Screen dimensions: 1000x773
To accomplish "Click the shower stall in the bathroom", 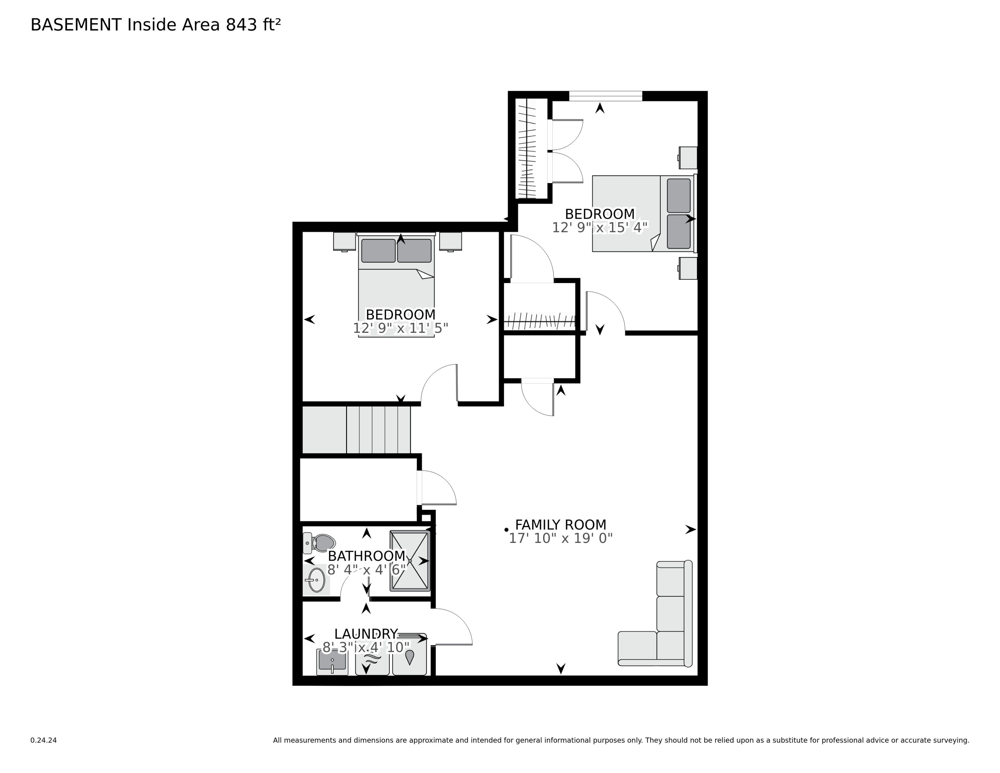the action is coord(410,561).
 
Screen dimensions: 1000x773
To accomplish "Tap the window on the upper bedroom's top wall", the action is coord(605,96).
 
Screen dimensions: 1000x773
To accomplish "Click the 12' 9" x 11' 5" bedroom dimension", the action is coord(400,328).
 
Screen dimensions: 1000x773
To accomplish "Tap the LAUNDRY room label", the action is coord(366,634).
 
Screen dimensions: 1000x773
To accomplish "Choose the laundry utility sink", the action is coord(332,662).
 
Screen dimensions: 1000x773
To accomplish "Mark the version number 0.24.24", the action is coord(43,740).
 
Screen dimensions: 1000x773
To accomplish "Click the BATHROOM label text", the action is coord(366,556).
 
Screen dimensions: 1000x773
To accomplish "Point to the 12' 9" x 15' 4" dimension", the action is coord(599,227).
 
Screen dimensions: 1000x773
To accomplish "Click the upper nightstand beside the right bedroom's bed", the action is coord(688,157).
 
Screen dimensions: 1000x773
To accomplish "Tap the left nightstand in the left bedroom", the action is coord(344,241).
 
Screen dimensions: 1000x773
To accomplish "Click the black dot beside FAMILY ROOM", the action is coord(506,530).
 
